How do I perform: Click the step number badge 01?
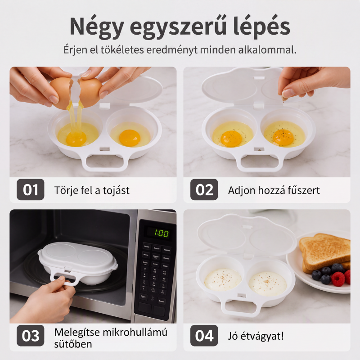coord(30,189)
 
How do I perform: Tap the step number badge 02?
coord(204,189)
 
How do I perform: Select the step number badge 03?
coord(30,335)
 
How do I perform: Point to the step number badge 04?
coord(204,335)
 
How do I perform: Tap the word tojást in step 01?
coord(116,190)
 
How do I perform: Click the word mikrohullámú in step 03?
coord(135,332)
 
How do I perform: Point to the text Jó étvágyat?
coord(256,336)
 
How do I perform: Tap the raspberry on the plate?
coord(338,279)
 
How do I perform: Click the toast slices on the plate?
coord(325,252)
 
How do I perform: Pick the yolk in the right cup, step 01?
coord(130,138)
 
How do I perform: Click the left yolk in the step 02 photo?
coord(231,139)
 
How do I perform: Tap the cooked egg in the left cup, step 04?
coord(223,279)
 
